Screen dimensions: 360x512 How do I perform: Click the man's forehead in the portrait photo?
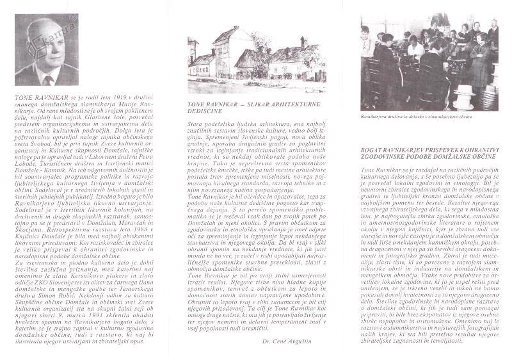point(45,34)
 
